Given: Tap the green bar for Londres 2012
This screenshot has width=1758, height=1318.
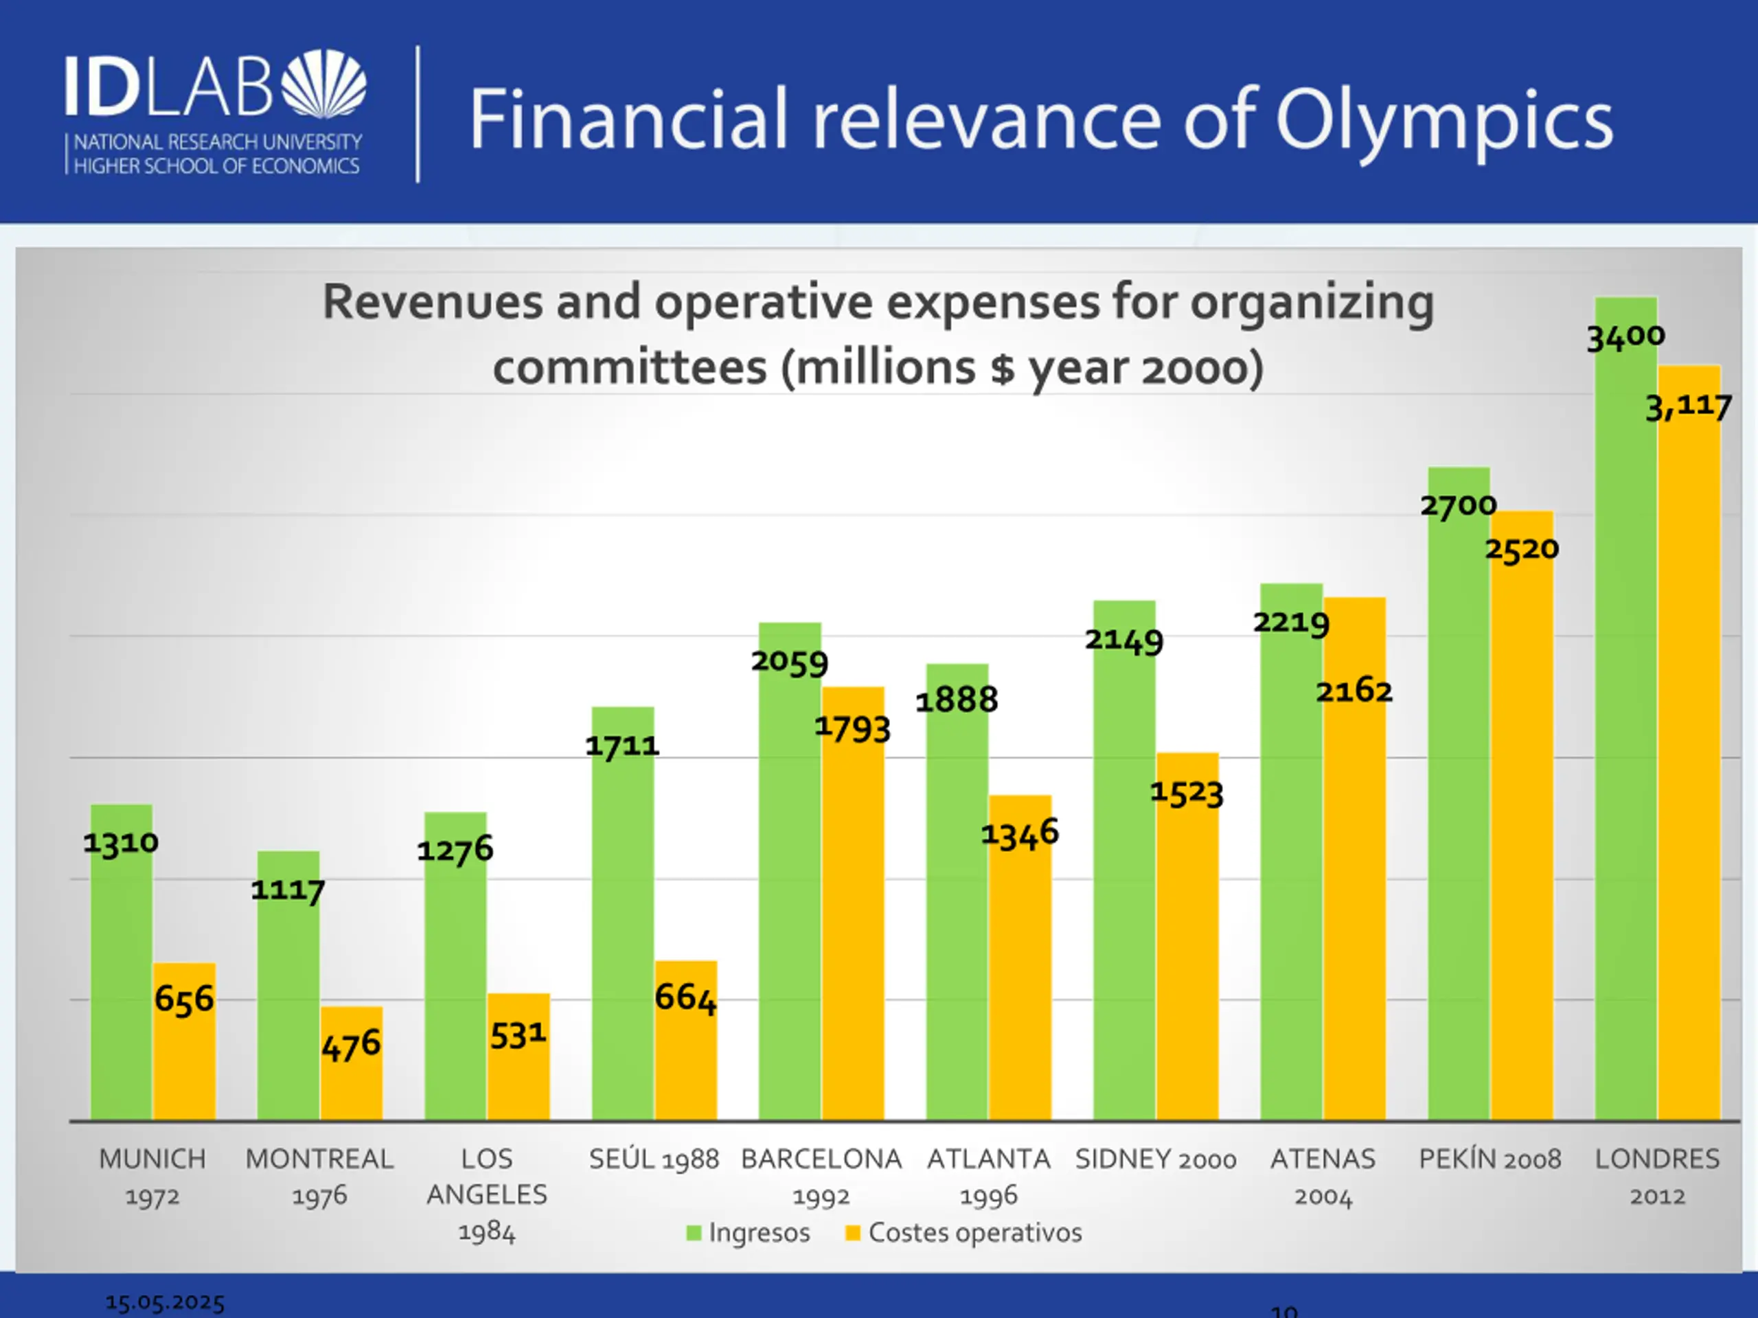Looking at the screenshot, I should (1625, 715).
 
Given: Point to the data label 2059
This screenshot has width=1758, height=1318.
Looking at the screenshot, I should (789, 662).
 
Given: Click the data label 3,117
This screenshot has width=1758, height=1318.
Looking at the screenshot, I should (1688, 408).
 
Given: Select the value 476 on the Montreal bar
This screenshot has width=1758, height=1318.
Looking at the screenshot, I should (352, 1045).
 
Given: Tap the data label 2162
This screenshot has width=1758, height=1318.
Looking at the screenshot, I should (1354, 691).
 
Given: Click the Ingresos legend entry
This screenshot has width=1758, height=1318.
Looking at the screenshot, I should (749, 1233).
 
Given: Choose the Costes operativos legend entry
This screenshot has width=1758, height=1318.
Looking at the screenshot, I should (964, 1233).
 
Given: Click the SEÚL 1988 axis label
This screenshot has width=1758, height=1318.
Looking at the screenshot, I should (653, 1160).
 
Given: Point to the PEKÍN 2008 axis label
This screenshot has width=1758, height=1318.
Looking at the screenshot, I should (1490, 1160).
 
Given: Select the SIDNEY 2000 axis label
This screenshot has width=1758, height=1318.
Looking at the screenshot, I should (1156, 1160).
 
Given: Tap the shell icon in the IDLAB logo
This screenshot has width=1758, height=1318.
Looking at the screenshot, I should (324, 84).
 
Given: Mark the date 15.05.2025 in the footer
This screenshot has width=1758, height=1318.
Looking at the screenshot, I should (165, 1303).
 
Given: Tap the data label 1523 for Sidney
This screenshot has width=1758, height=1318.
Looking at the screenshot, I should (1187, 793).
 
